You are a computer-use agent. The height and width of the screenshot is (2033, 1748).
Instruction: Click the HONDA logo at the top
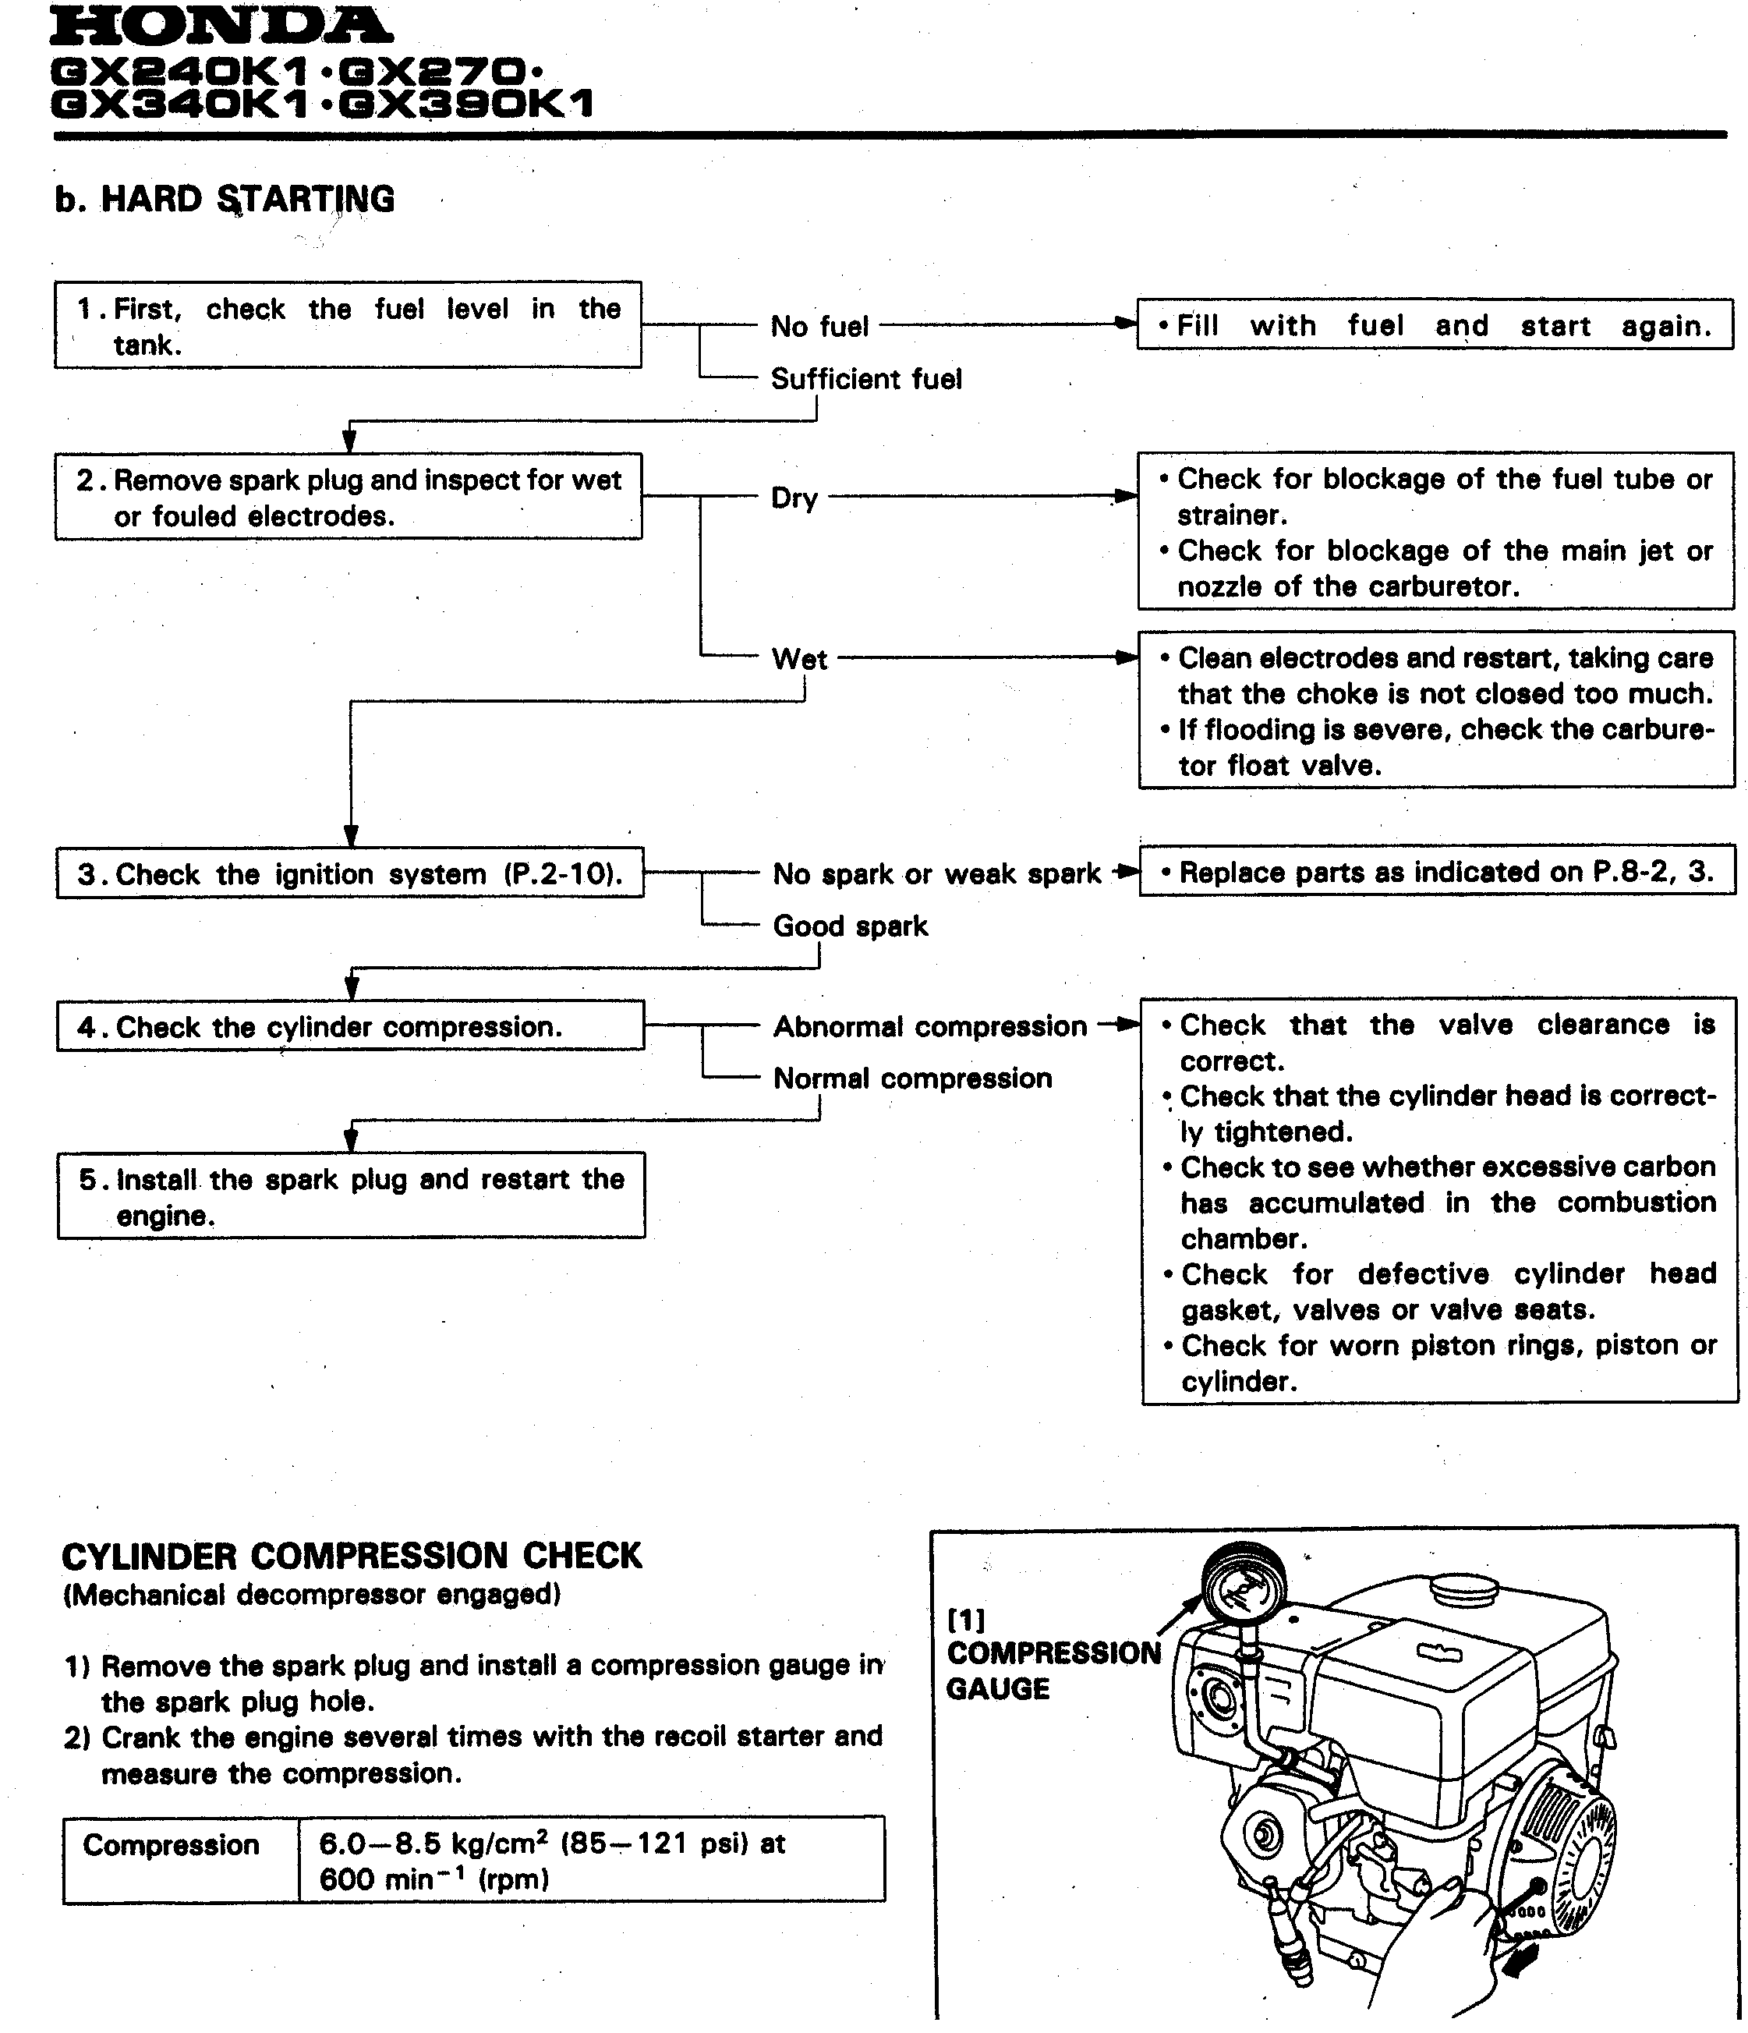point(220,27)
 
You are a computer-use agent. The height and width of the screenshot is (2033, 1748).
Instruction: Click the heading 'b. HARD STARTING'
point(225,199)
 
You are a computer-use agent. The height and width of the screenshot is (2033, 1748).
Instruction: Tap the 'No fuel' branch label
point(820,327)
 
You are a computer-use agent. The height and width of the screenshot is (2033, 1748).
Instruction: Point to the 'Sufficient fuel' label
point(866,380)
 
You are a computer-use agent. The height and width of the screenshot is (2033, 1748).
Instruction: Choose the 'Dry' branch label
point(794,498)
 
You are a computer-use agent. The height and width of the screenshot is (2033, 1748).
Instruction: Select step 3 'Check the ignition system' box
point(350,874)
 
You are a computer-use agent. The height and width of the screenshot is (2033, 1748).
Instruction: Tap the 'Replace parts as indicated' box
point(1437,873)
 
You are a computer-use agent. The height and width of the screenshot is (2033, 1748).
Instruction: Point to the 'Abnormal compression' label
point(930,1027)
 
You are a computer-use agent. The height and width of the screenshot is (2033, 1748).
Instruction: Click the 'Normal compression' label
point(912,1079)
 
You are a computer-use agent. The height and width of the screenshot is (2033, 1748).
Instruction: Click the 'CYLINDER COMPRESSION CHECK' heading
point(351,1557)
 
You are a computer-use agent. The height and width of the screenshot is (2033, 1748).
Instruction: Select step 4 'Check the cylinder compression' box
point(350,1027)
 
